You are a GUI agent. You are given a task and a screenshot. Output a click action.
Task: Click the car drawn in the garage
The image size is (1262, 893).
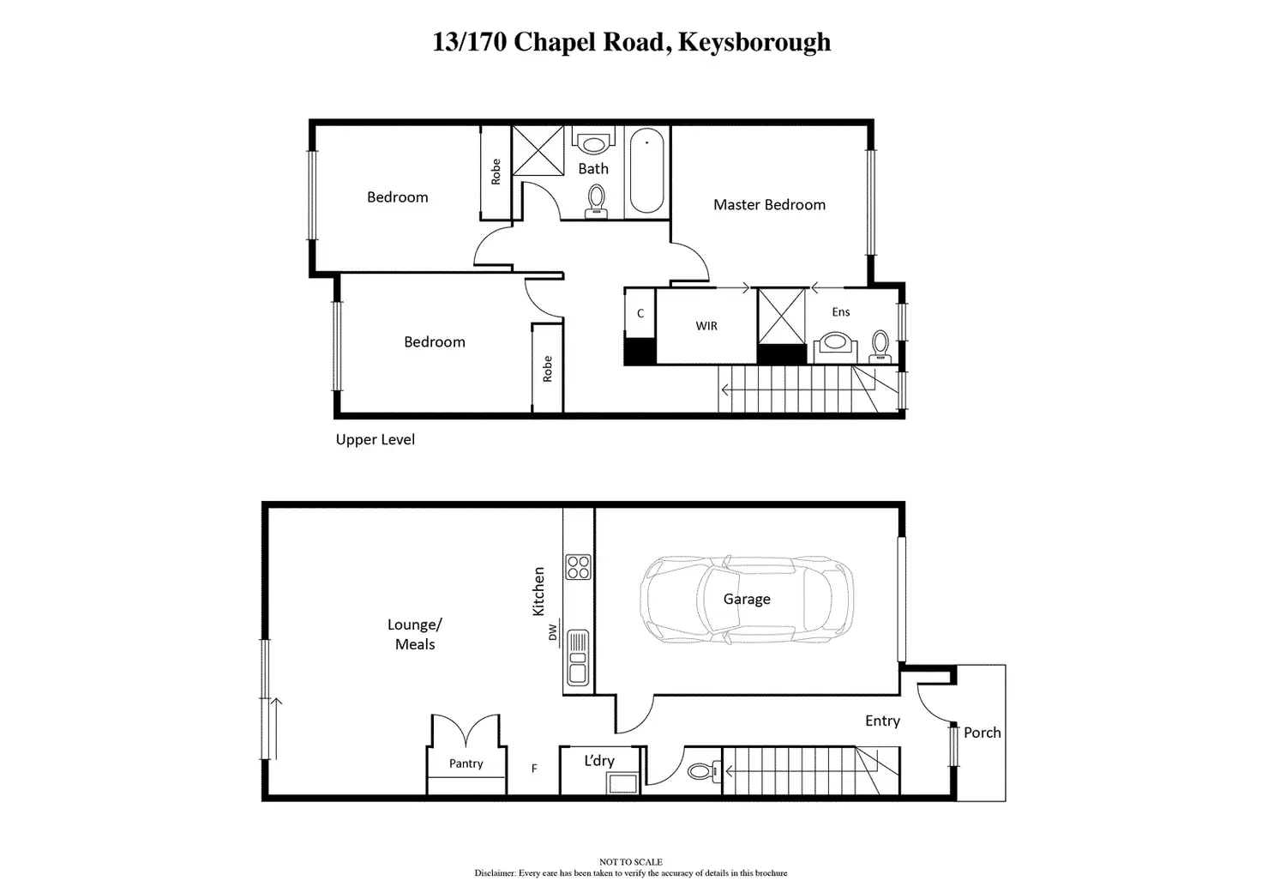pos(746,600)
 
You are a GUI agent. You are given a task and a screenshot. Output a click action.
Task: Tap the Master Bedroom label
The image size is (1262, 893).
pos(769,205)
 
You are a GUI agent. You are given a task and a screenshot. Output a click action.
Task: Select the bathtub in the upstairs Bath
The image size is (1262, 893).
pos(646,171)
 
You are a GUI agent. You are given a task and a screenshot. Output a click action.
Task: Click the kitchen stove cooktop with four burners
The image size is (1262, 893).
pos(578,567)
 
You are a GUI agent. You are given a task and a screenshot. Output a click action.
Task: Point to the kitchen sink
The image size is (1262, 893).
pos(578,657)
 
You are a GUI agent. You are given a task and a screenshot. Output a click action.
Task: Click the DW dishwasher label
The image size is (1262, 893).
pos(553,632)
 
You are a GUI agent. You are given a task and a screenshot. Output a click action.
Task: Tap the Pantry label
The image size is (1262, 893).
pos(466,763)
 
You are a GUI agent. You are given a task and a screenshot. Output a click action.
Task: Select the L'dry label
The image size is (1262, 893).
pos(599,760)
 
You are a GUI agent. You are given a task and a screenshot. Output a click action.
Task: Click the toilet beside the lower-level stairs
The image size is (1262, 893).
pos(700,771)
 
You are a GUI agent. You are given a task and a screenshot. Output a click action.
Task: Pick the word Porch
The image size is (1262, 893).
pos(982,733)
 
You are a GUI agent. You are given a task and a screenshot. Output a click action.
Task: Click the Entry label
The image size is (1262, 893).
pos(882,721)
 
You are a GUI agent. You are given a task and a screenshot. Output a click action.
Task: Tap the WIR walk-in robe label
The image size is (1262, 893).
pos(706,326)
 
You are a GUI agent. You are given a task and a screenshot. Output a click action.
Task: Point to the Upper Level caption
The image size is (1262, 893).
pos(375,440)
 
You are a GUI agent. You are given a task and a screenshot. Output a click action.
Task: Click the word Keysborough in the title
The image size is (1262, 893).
pos(754,42)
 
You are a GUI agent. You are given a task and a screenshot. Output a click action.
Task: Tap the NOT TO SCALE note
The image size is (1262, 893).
pos(630,862)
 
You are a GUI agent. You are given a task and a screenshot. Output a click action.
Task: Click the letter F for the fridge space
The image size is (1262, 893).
pos(534,769)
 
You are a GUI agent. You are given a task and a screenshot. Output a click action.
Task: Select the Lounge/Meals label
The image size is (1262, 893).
pos(415,635)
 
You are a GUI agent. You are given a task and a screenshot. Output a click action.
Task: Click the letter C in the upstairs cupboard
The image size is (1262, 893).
pos(640,314)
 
